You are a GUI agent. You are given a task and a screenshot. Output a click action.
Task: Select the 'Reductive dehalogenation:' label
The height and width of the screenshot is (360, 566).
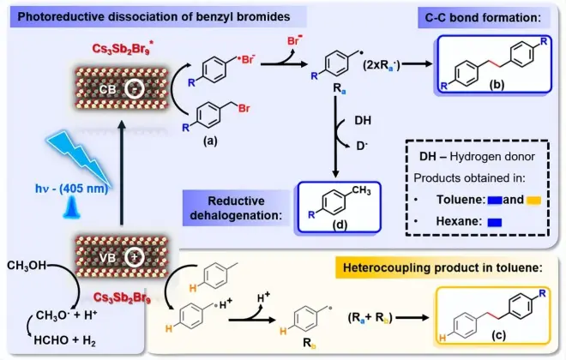232,207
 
